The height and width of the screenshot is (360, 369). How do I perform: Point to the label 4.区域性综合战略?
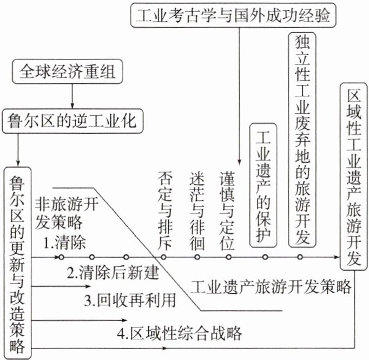(179, 332)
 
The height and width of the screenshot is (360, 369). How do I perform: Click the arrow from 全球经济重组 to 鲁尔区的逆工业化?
(72, 95)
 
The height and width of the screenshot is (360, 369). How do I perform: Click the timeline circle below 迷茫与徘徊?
(197, 257)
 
